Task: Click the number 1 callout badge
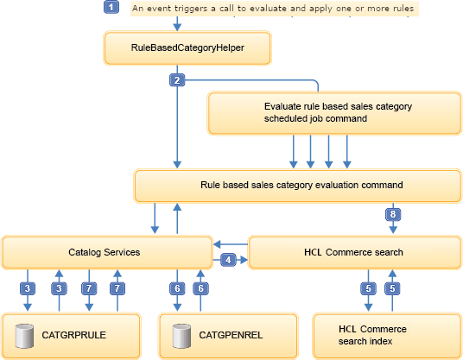[111, 8]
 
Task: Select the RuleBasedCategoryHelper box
[177, 49]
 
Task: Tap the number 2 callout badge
[176, 80]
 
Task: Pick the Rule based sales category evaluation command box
[289, 185]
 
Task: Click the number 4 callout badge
[228, 259]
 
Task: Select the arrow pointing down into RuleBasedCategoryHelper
[177, 24]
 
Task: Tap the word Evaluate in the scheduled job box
[284, 106]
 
